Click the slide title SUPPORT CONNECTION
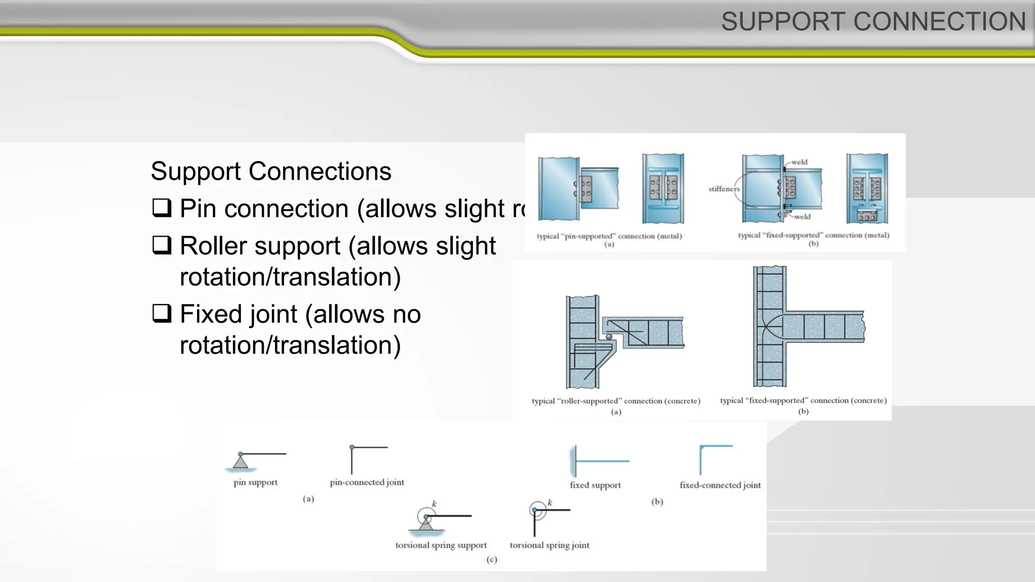coord(873,22)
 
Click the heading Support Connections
coord(271,171)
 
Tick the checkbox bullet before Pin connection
coord(162,208)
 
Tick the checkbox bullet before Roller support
coord(162,245)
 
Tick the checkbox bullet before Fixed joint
coord(162,313)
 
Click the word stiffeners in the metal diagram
coord(724,189)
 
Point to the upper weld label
coord(799,162)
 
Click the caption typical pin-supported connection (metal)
coord(609,236)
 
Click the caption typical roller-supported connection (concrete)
coord(616,401)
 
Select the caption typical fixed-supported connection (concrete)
coord(803,401)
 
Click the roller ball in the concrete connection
coord(609,336)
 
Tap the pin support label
coord(255,482)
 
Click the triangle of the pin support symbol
coord(241,462)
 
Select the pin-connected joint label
coord(367,482)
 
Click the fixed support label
coord(595,485)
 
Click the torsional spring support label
coord(441,545)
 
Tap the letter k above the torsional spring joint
coord(550,503)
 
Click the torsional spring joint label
coord(549,545)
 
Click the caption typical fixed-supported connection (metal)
coord(813,235)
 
